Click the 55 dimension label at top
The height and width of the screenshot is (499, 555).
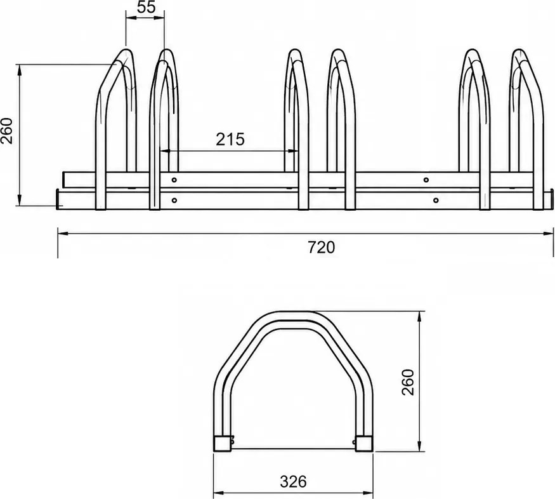[146, 7]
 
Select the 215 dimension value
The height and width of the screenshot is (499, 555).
[230, 140]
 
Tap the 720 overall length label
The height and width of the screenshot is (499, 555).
[321, 247]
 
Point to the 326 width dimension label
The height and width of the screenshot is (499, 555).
[293, 482]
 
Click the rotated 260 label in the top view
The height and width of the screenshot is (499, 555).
[7, 131]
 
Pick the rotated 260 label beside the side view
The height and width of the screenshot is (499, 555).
[408, 382]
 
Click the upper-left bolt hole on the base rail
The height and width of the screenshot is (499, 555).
[174, 180]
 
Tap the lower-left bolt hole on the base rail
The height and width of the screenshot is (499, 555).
[174, 201]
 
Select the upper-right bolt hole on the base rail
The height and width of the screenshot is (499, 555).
[426, 180]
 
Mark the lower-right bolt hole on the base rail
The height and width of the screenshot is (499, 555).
[436, 201]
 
